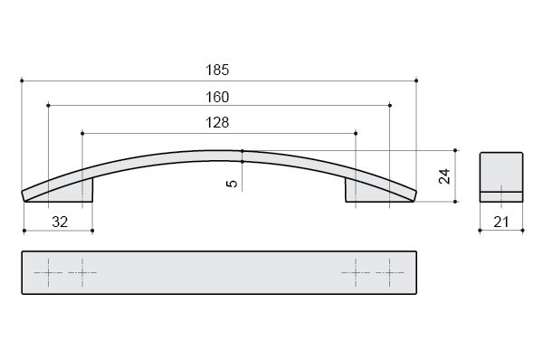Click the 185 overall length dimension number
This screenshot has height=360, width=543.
tap(217, 70)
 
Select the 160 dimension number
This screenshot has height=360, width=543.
tap(217, 97)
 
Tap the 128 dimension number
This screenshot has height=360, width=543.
tap(217, 122)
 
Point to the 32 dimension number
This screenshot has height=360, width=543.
tap(60, 222)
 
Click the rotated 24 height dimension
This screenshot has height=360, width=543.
tap(444, 175)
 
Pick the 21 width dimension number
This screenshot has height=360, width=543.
tap(500, 222)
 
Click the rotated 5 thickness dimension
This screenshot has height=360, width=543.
tap(232, 184)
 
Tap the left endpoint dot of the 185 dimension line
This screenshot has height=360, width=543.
tap(22, 81)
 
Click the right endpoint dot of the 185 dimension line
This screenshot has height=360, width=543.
tap(416, 81)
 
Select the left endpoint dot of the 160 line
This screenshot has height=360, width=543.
tap(48, 105)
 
